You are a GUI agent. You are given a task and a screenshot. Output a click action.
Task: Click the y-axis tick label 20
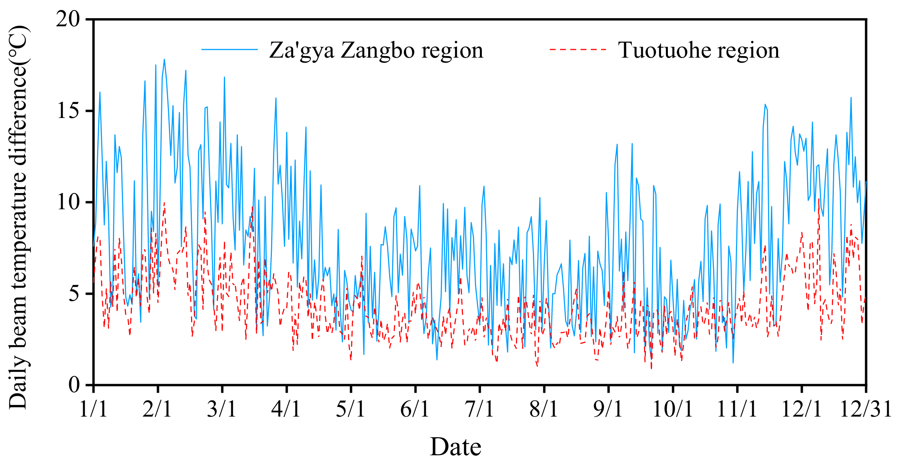coord(68,19)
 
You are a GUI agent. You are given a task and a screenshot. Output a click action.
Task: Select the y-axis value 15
coord(68,111)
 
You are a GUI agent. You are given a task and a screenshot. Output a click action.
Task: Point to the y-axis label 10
coord(68,202)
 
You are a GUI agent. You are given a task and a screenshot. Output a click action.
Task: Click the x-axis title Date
coord(456,447)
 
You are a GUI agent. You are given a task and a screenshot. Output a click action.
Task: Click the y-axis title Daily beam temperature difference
coord(19,217)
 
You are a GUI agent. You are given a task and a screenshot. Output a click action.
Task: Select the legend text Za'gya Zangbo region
coord(376,50)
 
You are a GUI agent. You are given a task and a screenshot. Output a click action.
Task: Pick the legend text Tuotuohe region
coord(698,50)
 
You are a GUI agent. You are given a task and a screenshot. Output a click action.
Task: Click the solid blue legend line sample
coord(229,50)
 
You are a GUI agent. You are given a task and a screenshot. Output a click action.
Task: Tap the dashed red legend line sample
coord(578,50)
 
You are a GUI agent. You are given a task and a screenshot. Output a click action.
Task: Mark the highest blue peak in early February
coord(164,59)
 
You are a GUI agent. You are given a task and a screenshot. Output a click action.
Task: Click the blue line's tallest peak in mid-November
coord(765,104)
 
